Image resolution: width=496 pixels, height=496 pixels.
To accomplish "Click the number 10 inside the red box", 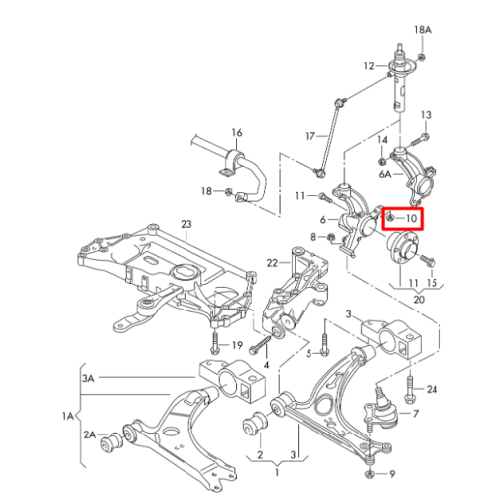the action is click(x=411, y=218).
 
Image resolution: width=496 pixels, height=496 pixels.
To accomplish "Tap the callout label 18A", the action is click(x=423, y=30).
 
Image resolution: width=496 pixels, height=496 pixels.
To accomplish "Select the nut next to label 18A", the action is click(x=422, y=57).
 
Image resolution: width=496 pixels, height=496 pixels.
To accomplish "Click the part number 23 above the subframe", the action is click(x=186, y=224).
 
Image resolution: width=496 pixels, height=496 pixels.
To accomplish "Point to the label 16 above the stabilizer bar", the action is click(x=237, y=133).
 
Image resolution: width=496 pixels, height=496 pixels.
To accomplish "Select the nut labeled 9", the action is click(x=370, y=474).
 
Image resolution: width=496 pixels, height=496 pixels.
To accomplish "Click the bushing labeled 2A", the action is click(x=112, y=442).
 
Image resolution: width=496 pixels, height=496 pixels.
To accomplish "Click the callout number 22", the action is click(x=272, y=263).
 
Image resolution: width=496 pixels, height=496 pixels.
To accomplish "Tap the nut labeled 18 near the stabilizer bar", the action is click(x=228, y=192).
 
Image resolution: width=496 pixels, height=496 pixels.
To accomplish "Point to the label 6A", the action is click(x=385, y=174).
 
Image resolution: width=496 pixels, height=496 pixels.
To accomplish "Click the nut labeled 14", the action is click(x=382, y=162).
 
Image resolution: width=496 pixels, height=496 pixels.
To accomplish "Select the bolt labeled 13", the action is click(x=420, y=140).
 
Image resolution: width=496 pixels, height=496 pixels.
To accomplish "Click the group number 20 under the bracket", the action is click(x=419, y=300).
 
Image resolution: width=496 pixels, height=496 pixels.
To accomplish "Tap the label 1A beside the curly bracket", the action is click(x=68, y=416).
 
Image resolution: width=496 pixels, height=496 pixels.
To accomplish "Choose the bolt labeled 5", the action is click(x=325, y=344).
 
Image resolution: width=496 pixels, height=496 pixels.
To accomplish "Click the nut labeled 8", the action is click(x=330, y=237).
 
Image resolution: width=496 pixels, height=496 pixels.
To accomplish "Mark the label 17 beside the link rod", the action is click(x=310, y=136).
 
